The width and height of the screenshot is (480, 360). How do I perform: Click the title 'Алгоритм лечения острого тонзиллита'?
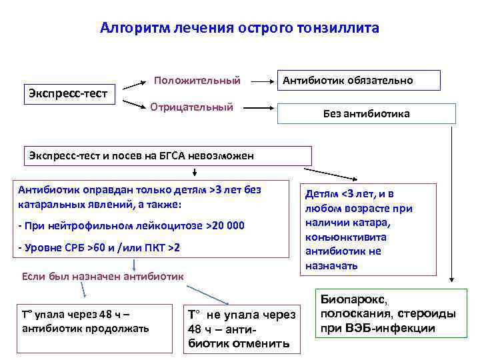point(239,28)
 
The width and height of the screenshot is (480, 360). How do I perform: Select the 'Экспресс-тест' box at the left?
point(70,93)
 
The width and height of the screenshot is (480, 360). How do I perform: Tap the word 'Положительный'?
point(197,81)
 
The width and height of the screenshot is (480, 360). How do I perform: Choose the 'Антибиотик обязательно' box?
point(358,80)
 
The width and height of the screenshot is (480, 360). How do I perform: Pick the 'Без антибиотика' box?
point(366,113)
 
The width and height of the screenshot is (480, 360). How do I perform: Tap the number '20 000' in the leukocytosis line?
point(228,226)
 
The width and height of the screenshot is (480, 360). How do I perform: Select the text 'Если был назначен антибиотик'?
point(103,276)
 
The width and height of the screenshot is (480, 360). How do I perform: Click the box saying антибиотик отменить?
point(241,329)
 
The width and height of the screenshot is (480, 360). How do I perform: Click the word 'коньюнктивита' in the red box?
point(345,237)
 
